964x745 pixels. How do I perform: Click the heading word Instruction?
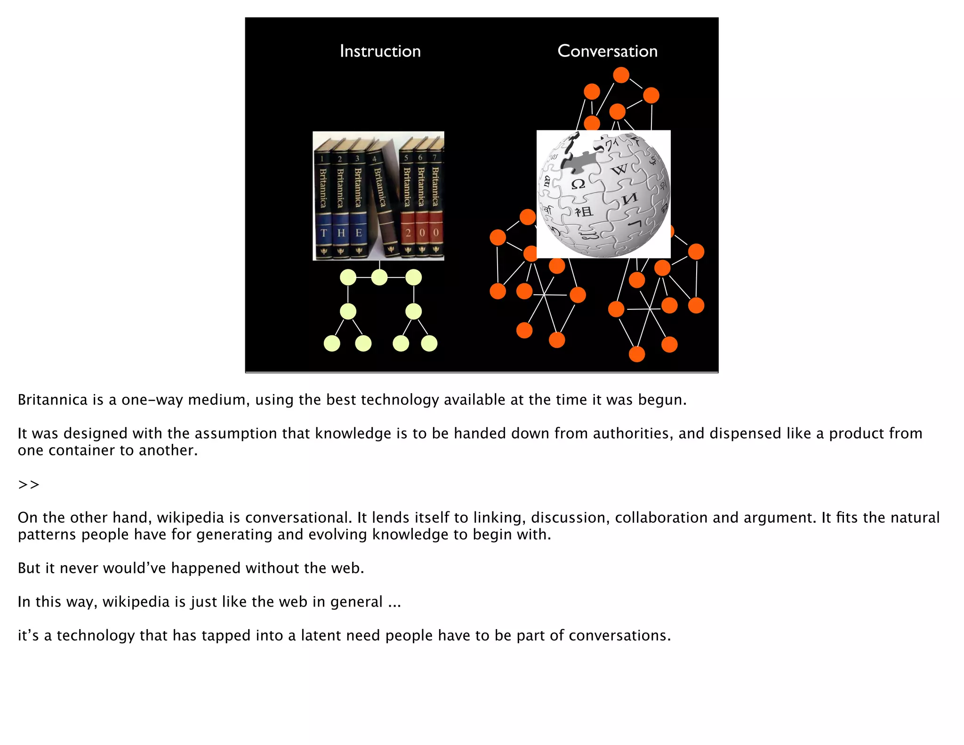(x=380, y=51)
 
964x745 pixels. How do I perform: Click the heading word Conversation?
(x=607, y=51)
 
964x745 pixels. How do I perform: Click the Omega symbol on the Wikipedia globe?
(x=578, y=184)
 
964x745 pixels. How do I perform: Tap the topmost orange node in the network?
(x=621, y=75)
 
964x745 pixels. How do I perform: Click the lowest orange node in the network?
(x=637, y=354)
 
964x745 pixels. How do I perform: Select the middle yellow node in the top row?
(x=379, y=277)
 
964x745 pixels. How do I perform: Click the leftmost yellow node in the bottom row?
(x=332, y=343)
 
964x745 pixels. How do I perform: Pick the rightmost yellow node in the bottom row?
(x=429, y=343)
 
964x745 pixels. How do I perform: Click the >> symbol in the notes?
(x=29, y=484)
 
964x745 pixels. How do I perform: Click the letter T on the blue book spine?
(x=323, y=233)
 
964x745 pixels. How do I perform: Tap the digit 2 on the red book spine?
(x=408, y=233)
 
